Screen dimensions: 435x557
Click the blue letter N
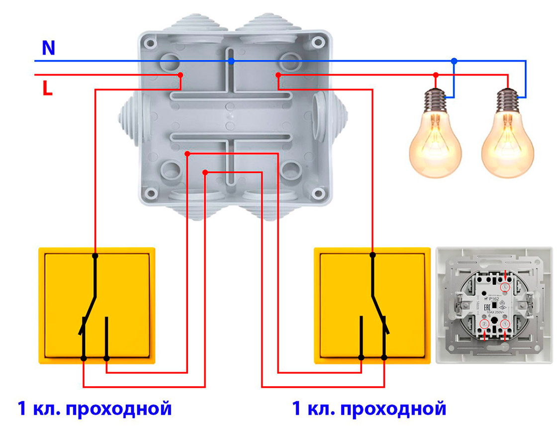click(x=48, y=48)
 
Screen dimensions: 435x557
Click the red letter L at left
click(x=47, y=88)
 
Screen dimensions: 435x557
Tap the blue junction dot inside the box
click(x=231, y=61)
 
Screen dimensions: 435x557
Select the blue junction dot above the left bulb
click(x=454, y=61)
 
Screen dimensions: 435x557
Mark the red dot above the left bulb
click(x=436, y=75)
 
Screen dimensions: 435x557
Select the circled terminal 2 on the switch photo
click(x=485, y=325)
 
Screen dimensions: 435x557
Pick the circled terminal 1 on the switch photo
click(x=506, y=325)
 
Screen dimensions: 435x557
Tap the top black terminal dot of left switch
click(x=95, y=256)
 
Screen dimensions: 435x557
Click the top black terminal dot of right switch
click(x=372, y=255)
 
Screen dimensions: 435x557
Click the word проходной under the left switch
click(x=118, y=409)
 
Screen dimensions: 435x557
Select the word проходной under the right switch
click(x=393, y=409)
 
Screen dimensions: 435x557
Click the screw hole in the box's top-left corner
click(x=148, y=42)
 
